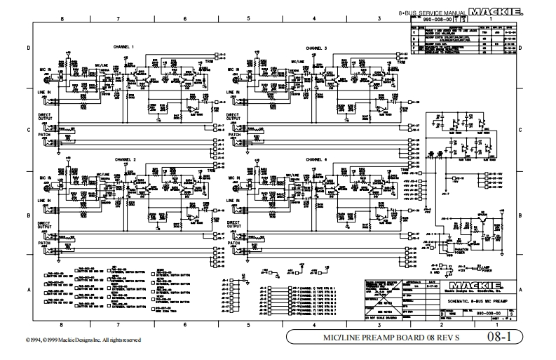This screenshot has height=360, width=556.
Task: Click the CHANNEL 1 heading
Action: (x=123, y=47)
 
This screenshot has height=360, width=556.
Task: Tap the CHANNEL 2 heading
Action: (x=123, y=159)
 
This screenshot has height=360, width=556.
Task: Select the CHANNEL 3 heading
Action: (x=316, y=47)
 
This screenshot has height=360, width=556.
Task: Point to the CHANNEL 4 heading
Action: (x=316, y=159)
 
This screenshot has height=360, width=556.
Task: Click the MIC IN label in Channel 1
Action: (x=45, y=70)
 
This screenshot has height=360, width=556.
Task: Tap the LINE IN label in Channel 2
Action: (x=45, y=201)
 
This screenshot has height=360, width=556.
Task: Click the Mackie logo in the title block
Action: (x=477, y=285)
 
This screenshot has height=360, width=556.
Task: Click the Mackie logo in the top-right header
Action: (x=495, y=12)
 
